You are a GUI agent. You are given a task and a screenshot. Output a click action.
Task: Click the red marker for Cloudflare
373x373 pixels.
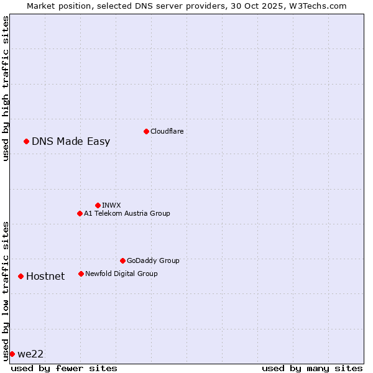(x=146, y=131)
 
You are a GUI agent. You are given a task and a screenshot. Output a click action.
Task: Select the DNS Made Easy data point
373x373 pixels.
(x=26, y=141)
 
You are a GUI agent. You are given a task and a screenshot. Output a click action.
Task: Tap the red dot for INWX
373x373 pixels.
(x=98, y=205)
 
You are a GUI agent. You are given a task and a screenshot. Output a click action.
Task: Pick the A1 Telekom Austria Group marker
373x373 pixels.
(x=80, y=213)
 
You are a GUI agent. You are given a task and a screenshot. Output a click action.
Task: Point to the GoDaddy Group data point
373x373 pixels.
(x=122, y=260)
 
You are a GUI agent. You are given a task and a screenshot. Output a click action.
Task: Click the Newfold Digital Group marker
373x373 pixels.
(x=81, y=274)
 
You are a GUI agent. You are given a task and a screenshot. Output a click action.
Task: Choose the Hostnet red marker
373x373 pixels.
(x=21, y=276)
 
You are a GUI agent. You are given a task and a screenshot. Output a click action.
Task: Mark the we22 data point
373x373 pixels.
(x=12, y=354)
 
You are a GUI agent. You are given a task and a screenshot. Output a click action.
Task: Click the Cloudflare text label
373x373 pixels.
(x=167, y=131)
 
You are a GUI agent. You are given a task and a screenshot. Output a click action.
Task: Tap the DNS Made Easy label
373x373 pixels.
(x=71, y=141)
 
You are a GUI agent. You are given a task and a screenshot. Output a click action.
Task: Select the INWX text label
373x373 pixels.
(x=111, y=205)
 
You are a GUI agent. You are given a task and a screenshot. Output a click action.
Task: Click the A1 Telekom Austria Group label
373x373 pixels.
(x=127, y=213)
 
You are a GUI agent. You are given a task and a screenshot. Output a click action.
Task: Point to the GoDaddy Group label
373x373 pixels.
(x=153, y=260)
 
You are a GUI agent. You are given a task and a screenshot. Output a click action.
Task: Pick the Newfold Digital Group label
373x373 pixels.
(x=121, y=274)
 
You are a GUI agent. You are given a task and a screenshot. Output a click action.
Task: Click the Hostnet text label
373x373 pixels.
(x=45, y=276)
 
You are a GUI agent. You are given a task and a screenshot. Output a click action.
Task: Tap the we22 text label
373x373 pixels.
(x=30, y=354)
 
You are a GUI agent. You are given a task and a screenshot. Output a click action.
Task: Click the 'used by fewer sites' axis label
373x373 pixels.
(x=64, y=368)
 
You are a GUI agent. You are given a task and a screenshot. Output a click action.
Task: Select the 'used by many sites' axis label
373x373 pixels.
(x=312, y=368)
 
